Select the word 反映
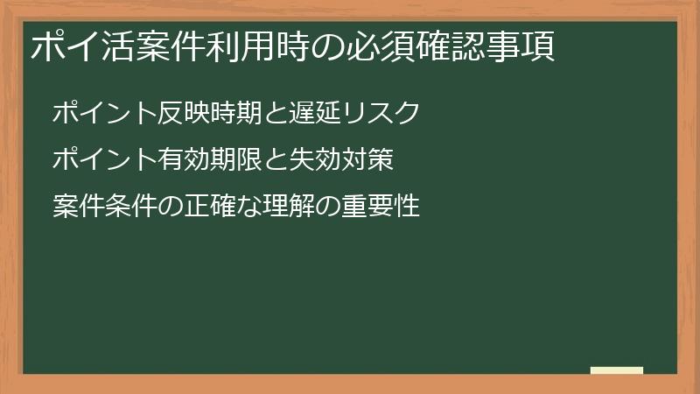coord(185,113)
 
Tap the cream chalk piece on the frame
coord(617,371)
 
